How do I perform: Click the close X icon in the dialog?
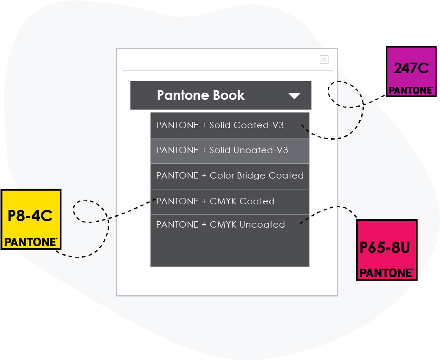pos(324,60)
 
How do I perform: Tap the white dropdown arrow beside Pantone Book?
pos(294,96)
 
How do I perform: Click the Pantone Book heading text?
pos(201,95)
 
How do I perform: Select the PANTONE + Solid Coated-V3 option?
pos(220,125)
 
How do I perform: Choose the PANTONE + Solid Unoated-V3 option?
pos(222,150)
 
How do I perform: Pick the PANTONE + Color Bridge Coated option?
pos(230,176)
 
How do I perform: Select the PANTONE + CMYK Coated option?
pos(215,201)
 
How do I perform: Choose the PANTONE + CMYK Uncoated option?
pos(220,225)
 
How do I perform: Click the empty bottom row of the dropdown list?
pos(230,253)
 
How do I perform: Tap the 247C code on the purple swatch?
pos(411,68)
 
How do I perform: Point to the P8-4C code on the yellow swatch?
pos(30,216)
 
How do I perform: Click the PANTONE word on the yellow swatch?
pos(30,242)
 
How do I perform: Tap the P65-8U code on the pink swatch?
pos(385,247)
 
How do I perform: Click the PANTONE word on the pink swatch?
pos(386,273)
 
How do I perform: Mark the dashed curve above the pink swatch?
pos(339,207)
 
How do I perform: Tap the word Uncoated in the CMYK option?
pos(262,225)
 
